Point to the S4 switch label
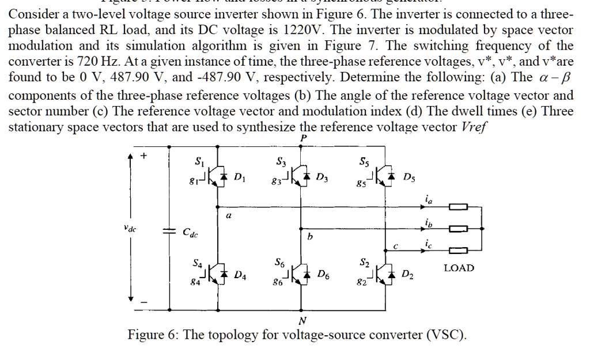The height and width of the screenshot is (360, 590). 198,264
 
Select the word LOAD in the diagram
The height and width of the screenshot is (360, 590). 459,268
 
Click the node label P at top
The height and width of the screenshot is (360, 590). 303,138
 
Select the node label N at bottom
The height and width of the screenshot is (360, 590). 302,320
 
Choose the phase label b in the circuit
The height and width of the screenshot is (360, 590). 309,236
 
